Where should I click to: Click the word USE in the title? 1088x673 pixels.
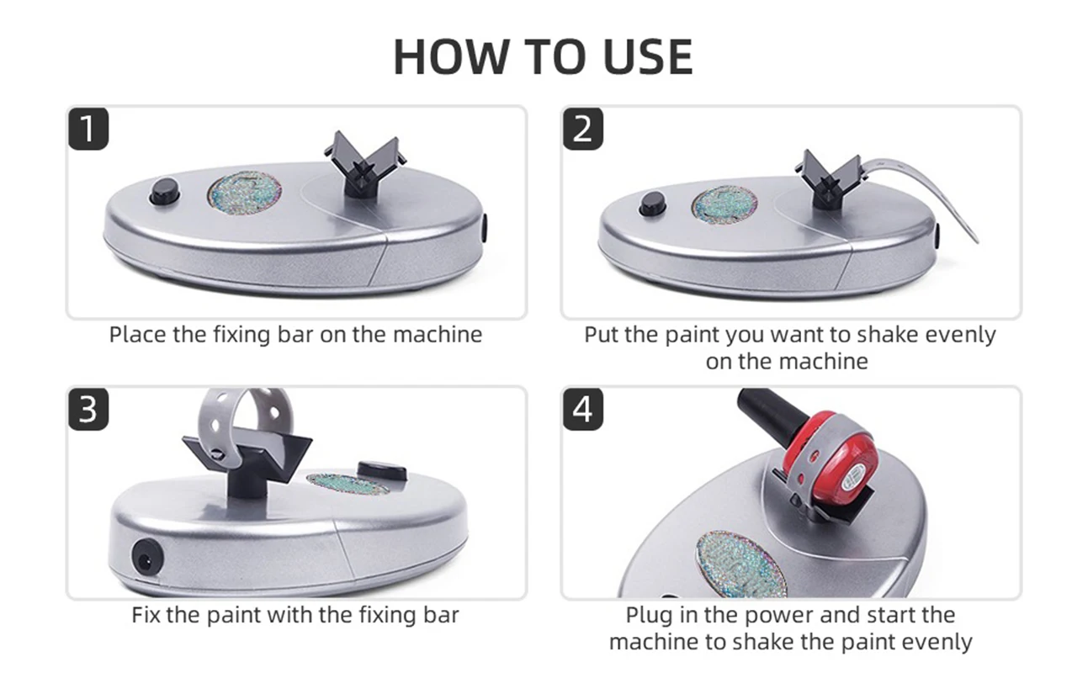(x=648, y=57)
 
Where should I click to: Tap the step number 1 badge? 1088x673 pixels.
(x=88, y=129)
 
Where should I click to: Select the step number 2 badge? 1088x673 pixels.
(x=583, y=129)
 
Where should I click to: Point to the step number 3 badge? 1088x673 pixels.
(x=88, y=410)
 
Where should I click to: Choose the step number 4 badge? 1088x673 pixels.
(x=583, y=410)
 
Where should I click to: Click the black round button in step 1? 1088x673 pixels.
(x=164, y=191)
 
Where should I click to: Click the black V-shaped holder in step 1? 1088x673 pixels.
(x=365, y=164)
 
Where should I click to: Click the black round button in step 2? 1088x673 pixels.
(x=653, y=204)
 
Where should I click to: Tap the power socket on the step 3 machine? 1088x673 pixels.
(x=147, y=560)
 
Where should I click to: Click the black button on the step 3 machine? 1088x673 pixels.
(x=382, y=470)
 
